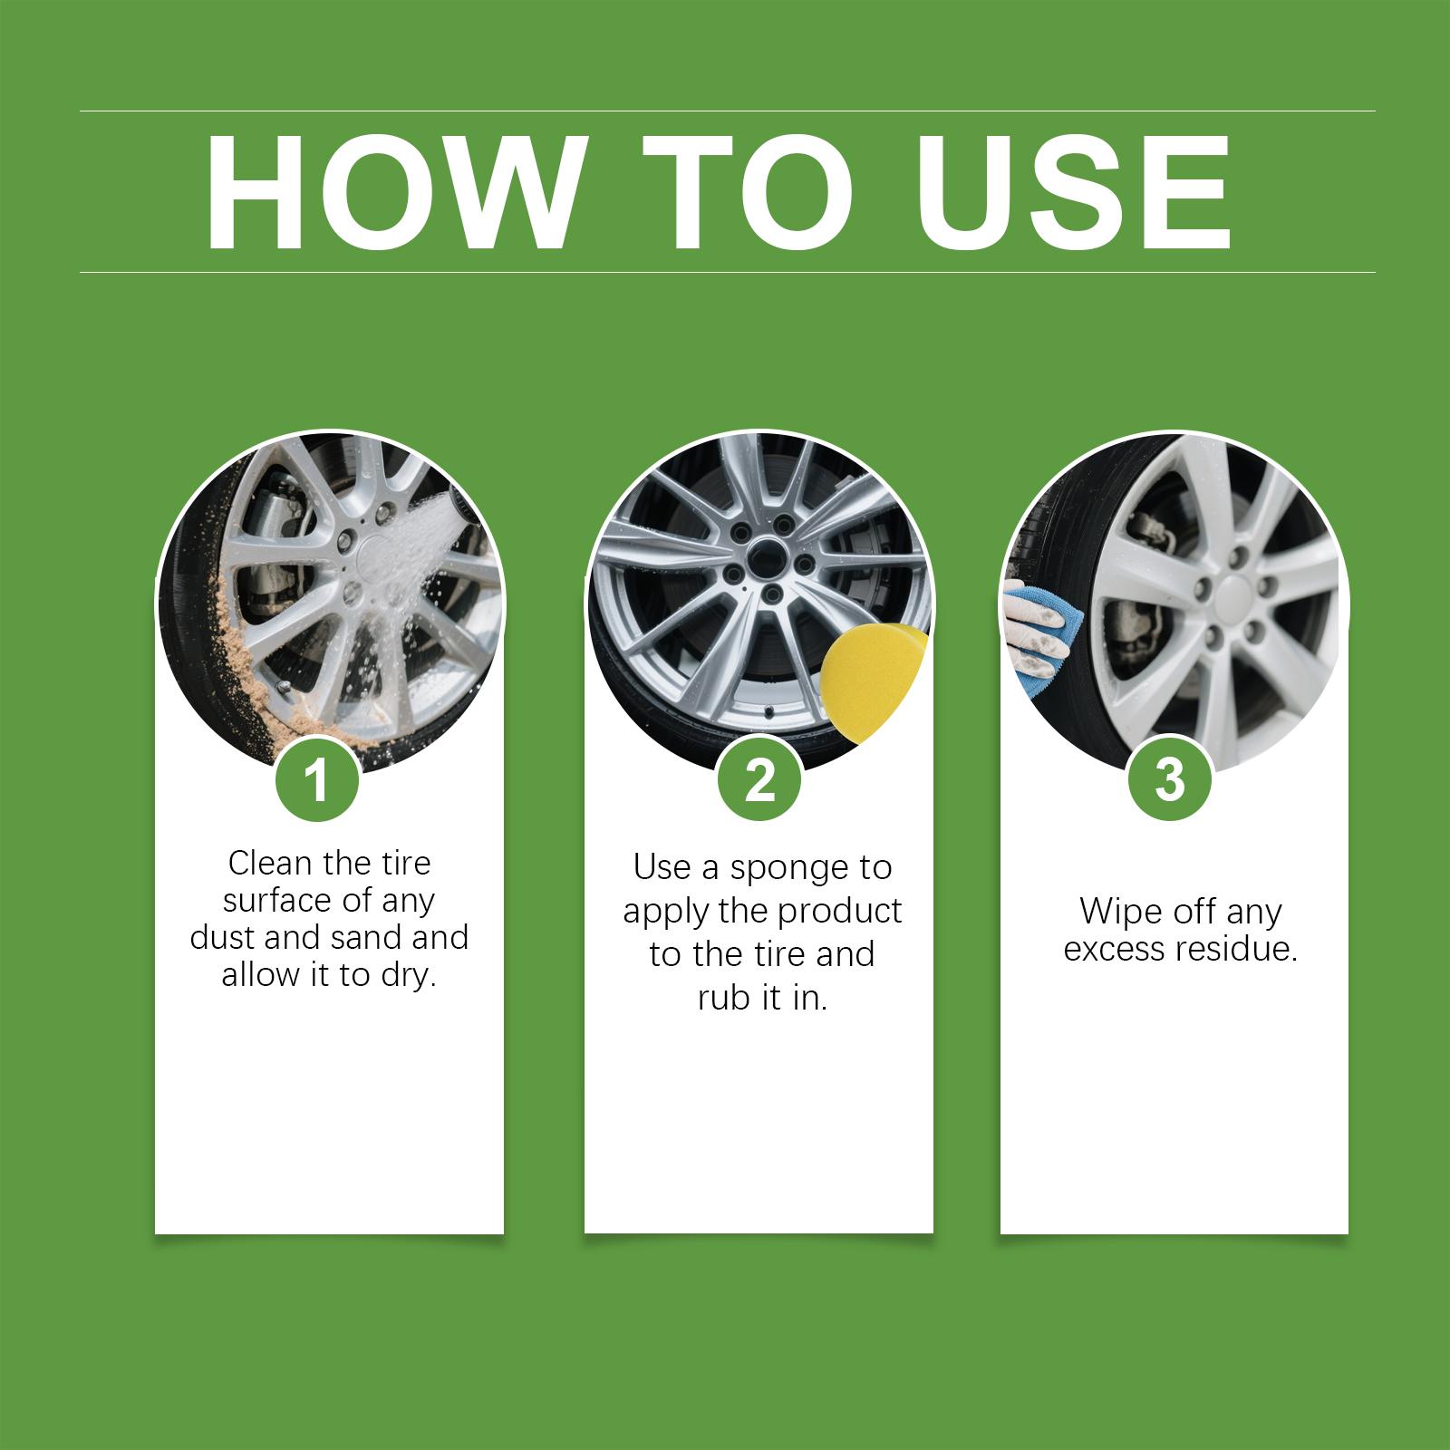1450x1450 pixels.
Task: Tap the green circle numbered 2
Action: pos(759,780)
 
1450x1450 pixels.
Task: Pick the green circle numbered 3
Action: pos(1170,778)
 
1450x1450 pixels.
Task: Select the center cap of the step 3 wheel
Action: pos(1238,599)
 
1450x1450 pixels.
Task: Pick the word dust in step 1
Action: pos(223,936)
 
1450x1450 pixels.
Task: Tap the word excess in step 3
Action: pos(1115,949)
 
